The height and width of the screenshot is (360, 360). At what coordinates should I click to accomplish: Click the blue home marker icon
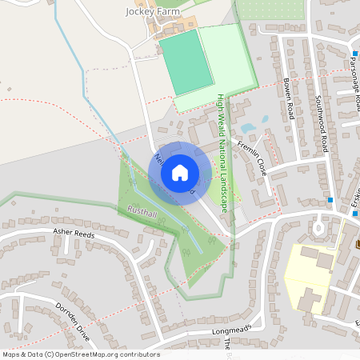point(180,172)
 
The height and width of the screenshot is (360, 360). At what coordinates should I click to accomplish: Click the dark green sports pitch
point(187,62)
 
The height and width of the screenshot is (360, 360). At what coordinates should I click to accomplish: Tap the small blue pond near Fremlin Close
point(248,128)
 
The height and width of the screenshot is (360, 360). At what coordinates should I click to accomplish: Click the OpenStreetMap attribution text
point(81,354)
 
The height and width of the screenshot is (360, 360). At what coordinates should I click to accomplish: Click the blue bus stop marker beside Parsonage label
point(354,54)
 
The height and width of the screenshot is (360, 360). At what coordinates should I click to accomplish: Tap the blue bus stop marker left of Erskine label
point(330,199)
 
